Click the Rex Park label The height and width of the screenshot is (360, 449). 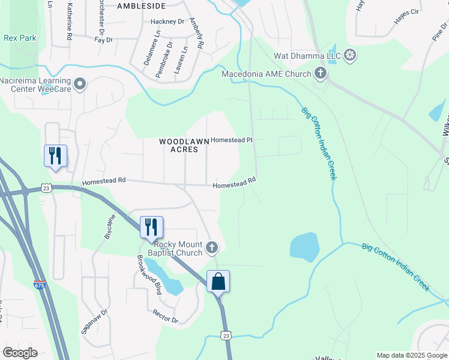[20, 38]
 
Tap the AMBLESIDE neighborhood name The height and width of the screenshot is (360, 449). [141, 6]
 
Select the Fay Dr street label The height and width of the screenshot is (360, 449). [104, 40]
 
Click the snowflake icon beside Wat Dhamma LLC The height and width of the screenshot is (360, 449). [350, 57]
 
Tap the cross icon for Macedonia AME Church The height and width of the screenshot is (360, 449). [321, 74]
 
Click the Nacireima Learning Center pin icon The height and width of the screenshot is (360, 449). [80, 84]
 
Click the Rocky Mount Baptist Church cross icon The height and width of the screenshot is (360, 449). [211, 247]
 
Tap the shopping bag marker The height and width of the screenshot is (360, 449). [218, 281]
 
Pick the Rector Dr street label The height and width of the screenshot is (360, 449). [166, 316]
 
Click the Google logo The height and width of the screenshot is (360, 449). [20, 353]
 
